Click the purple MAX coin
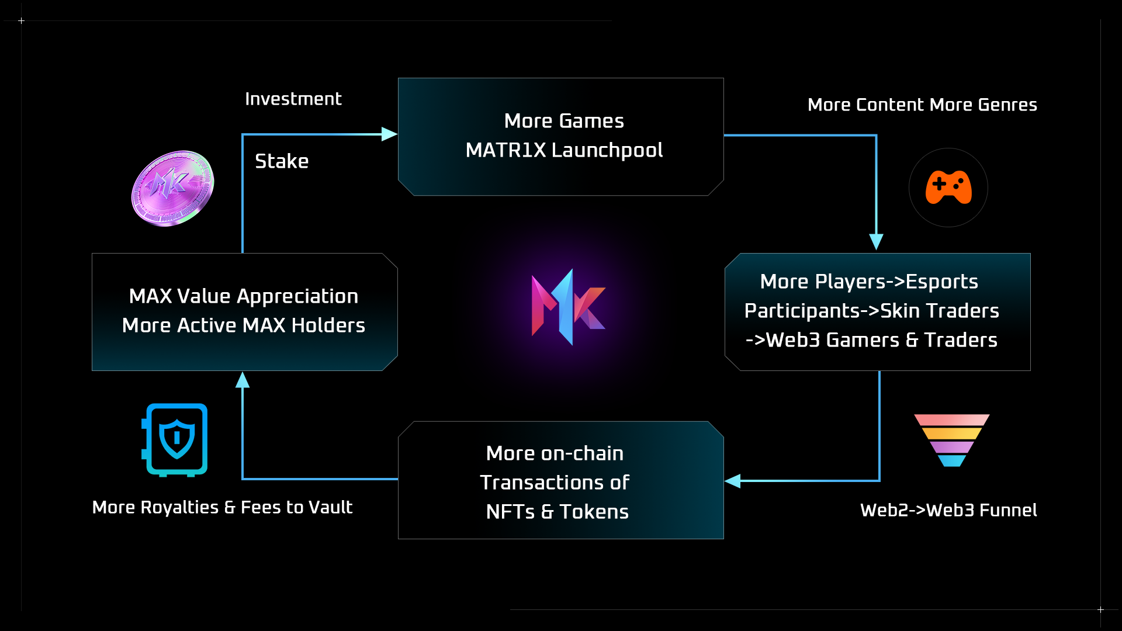coord(172,188)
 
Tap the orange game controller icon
coord(948,187)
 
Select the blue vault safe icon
coord(175,439)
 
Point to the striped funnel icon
coord(951,440)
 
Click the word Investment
coord(293,99)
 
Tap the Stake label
coord(282,161)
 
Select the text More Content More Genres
coord(922,105)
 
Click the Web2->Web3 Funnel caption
coord(948,510)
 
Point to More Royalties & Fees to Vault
coord(222,507)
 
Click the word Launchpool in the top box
coord(607,150)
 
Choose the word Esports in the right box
coord(942,282)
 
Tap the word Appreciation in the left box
coord(296,296)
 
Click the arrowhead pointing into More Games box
coord(389,134)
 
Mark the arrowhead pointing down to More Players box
coord(876,241)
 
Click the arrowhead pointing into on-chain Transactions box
coord(733,481)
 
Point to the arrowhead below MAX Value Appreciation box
coord(243,380)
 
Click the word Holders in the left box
coord(328,325)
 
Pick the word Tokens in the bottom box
coord(594,512)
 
